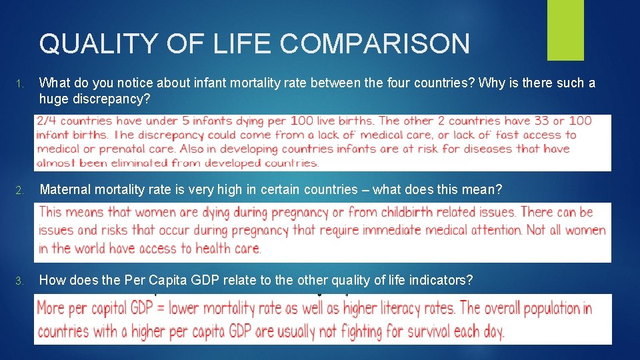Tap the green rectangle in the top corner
pyautogui.click(x=565, y=30)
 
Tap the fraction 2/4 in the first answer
pyautogui.click(x=47, y=121)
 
